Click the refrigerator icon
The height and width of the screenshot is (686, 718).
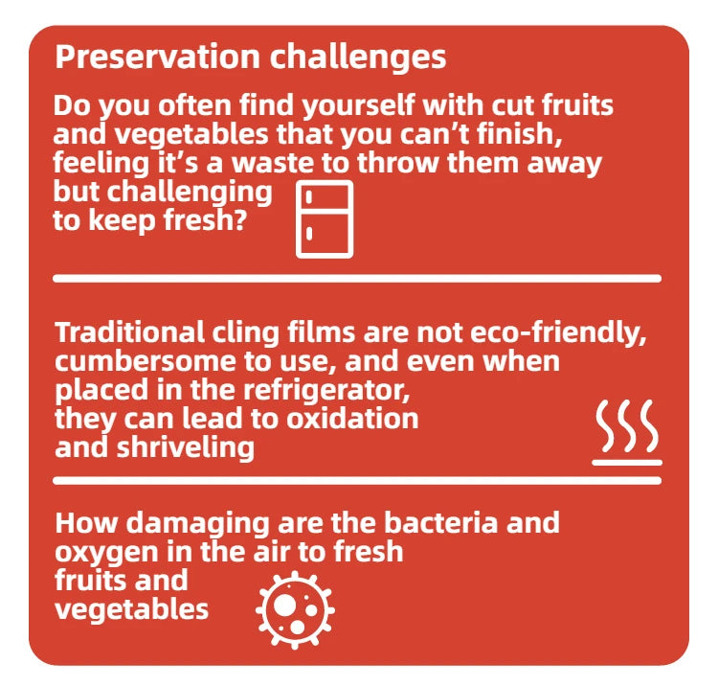(325, 219)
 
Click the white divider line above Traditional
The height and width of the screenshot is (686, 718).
(357, 278)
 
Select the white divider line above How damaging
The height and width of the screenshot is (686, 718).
(357, 480)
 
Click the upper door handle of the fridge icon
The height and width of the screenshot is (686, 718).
(308, 197)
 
